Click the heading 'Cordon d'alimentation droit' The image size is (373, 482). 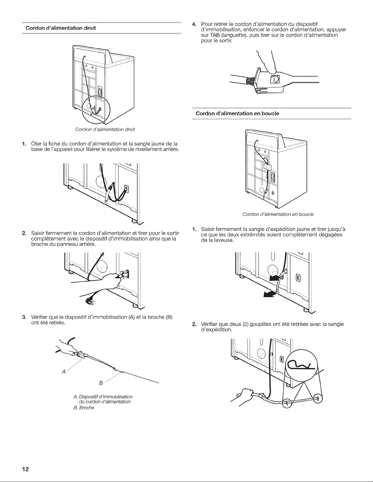[x=61, y=28]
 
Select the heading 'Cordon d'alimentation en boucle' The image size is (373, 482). [x=237, y=113]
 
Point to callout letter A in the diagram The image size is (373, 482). [x=64, y=372]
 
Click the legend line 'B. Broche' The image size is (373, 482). [x=84, y=408]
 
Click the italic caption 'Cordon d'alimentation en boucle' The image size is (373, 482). [x=278, y=214]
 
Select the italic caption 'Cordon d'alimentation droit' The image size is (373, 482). [x=105, y=129]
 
